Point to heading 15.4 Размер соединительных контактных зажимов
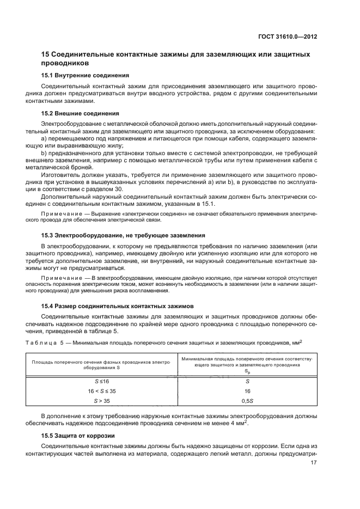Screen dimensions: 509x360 [116, 306]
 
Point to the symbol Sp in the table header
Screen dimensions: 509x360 [246, 370]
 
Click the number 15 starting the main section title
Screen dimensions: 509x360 [46, 54]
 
